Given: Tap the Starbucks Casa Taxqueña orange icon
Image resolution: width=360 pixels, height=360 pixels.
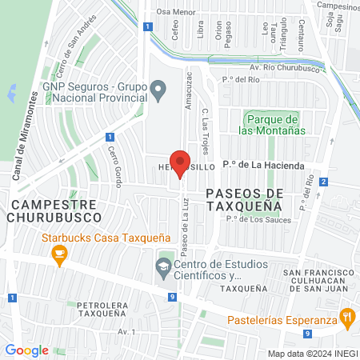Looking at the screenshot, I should coord(58,255).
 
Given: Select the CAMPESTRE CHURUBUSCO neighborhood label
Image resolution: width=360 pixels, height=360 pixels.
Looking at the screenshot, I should coord(56,210).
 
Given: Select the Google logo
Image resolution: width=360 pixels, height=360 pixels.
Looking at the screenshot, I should coord(26,350).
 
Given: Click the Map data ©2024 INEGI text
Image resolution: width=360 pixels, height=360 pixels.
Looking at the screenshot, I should coord(312,354).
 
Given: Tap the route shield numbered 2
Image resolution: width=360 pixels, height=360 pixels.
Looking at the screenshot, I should coord(323,182).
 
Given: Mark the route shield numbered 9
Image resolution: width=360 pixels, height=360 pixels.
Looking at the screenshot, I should coord(172,297).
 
